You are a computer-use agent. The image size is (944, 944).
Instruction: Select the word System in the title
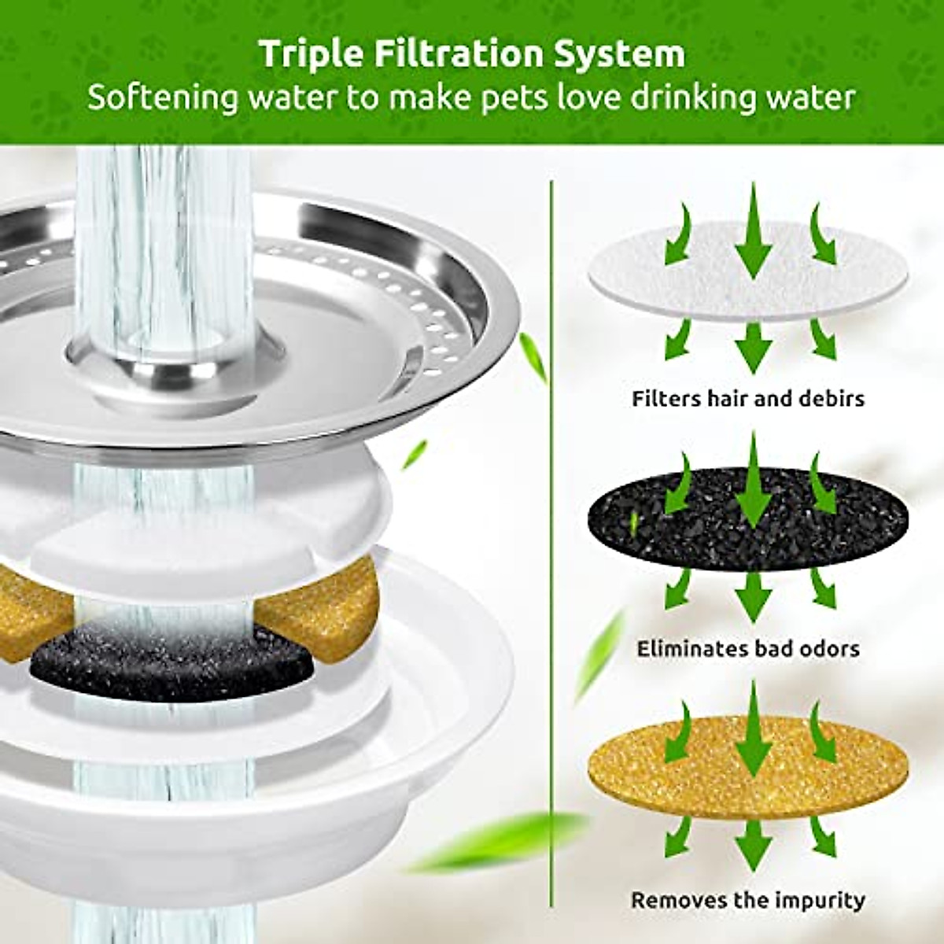627,55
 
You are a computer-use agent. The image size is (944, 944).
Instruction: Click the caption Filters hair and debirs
747,399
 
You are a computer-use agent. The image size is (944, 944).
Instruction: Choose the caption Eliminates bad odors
747,650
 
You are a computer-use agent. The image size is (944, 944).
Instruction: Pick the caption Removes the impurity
747,900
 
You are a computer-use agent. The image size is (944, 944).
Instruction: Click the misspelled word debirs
827,399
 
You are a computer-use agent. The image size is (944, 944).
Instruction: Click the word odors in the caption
826,650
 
